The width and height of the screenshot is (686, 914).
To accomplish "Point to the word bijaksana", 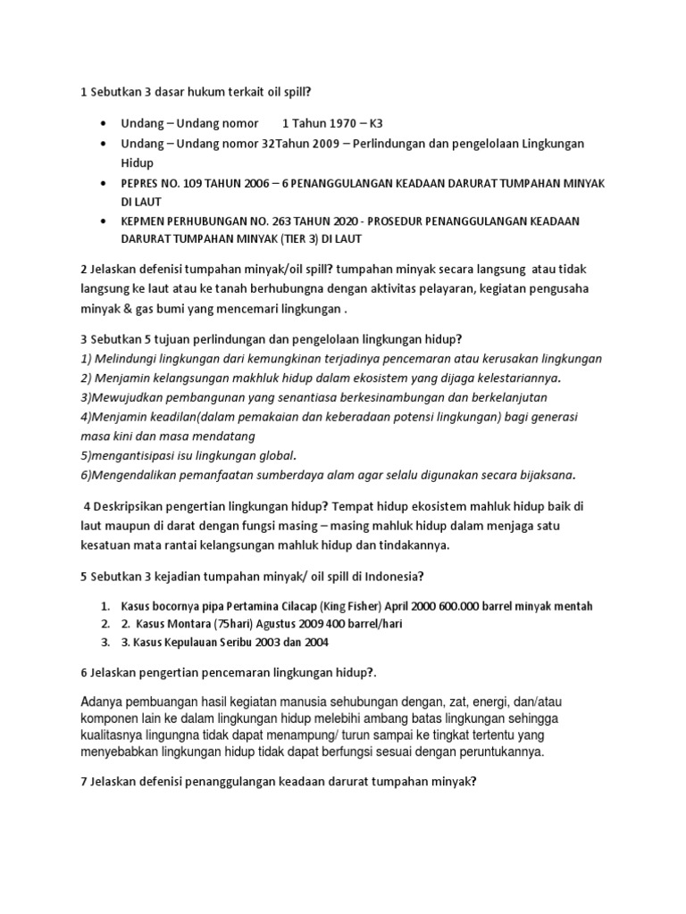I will coord(544,473).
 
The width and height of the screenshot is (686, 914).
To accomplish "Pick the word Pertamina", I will coord(269,606).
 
